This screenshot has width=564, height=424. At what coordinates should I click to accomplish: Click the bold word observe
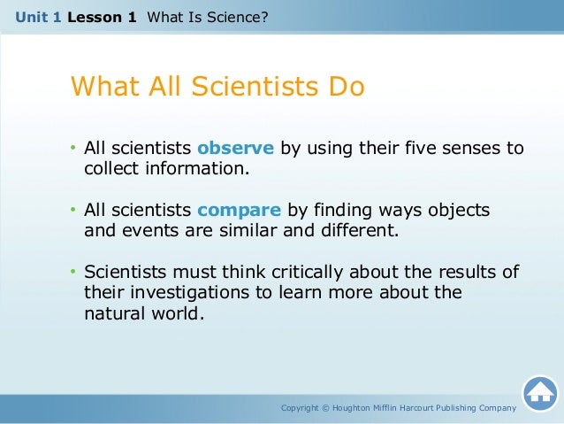coord(235,148)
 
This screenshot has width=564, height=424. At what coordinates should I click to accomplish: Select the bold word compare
coord(239,210)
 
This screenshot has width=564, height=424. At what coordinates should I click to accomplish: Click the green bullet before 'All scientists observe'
coord(74,148)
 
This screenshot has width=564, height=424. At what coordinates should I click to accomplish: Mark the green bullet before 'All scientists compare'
coord(74,210)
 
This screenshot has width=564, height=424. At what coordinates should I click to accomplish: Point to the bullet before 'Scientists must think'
coord(74,271)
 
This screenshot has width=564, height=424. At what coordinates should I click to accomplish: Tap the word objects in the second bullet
coord(461,210)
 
